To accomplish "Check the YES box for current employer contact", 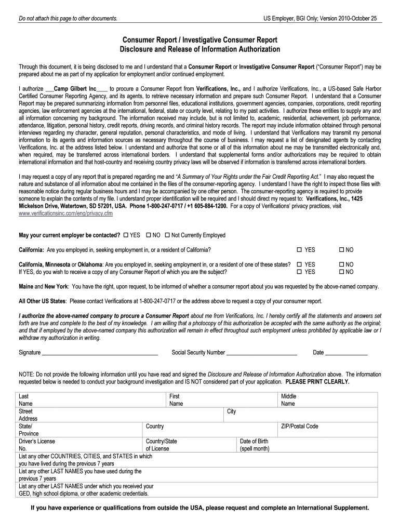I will pos(126,235).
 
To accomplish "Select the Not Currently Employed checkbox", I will pos(167,235).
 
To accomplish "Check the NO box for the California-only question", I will pos(341,250).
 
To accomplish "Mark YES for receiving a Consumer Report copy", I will pos(299,272).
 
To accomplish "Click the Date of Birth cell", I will pos(256,445).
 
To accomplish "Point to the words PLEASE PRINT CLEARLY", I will pos(317,381).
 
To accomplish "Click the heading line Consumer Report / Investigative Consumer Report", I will pos(199,40).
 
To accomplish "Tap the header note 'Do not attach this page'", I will pos(68,19).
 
